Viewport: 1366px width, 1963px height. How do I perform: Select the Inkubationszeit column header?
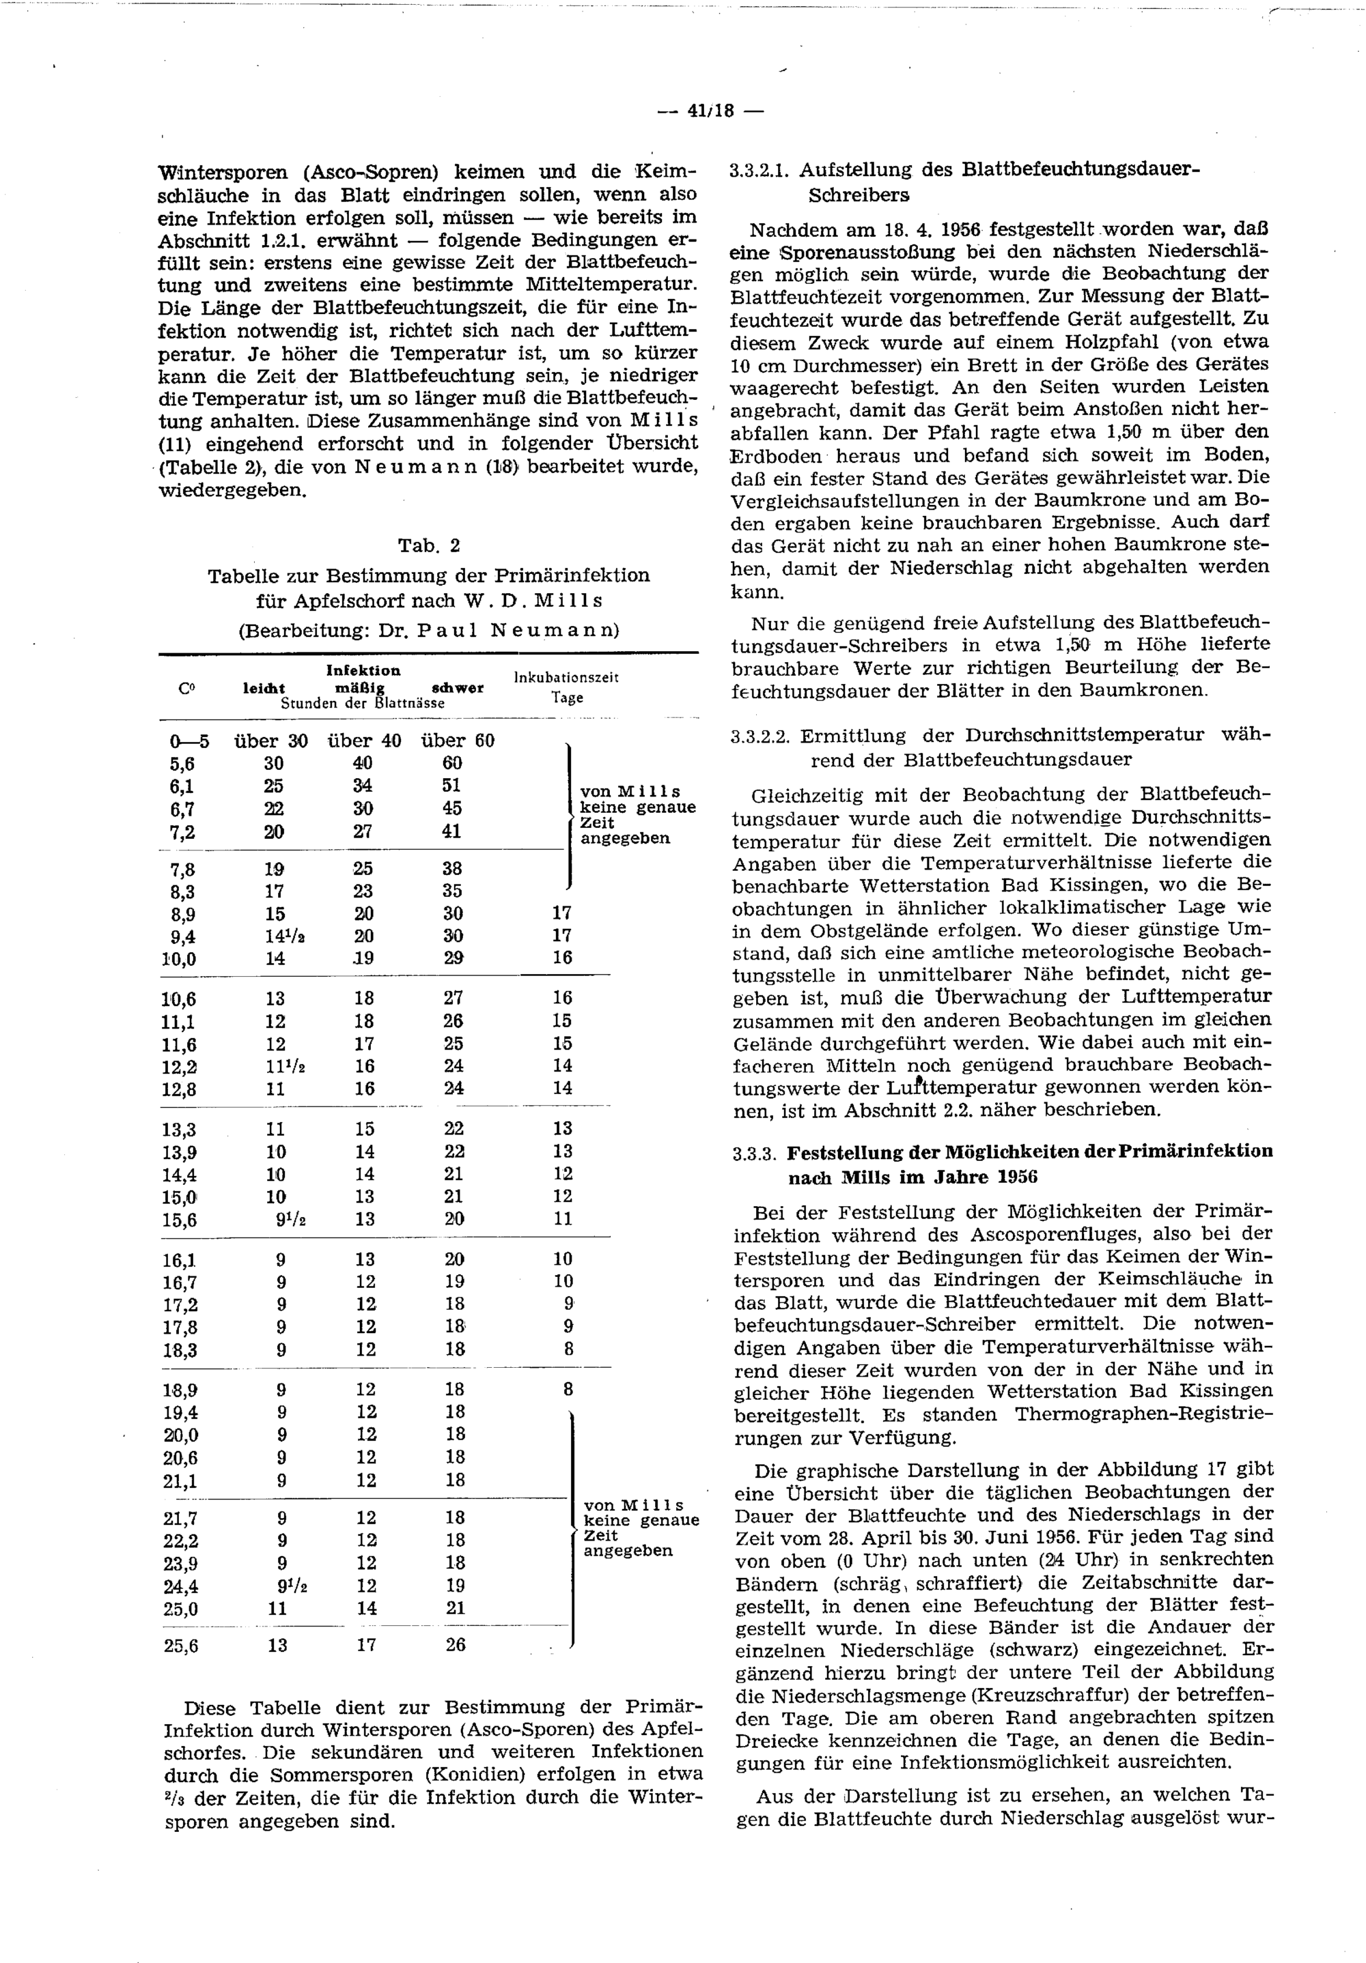tap(566, 677)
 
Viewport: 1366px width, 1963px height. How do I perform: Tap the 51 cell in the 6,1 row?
tap(452, 786)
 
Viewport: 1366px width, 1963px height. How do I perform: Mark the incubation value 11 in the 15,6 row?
tap(562, 1219)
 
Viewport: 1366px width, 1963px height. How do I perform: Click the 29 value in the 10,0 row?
tap(454, 959)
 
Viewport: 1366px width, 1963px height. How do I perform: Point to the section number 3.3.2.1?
tap(759, 170)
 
